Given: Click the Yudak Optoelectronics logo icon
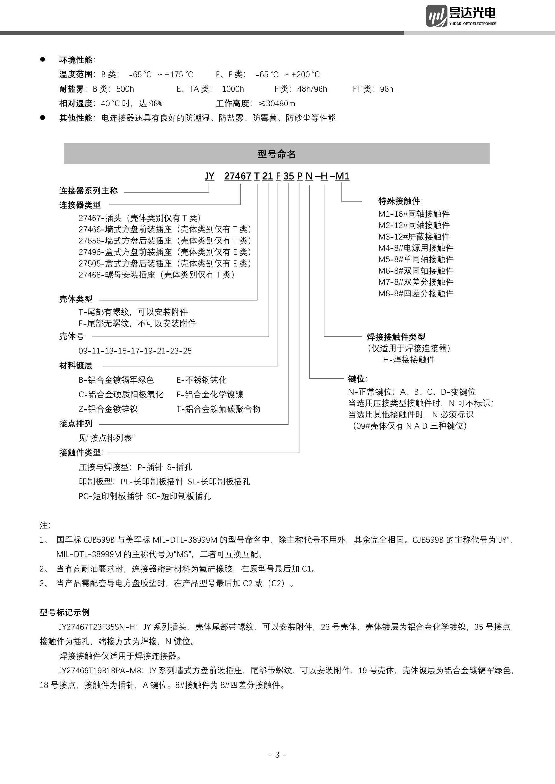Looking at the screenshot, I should pos(436,16).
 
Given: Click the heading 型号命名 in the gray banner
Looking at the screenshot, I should pos(276,154).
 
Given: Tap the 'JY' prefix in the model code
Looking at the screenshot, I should pos(210,176).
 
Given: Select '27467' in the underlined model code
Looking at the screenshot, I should pos(238,176).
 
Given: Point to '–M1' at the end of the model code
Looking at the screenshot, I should pos(340,176).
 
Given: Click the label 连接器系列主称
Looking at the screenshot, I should pos(88,191).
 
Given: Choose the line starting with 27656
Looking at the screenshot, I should pos(165,241).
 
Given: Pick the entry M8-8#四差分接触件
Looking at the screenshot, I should pos(416,293).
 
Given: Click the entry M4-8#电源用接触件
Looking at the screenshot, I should pos(416,248).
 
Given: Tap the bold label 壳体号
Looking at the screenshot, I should pos(71,336).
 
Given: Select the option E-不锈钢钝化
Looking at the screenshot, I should pos(201,380).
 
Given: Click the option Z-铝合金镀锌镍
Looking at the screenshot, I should pos(108,409).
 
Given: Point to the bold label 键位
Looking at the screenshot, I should pos(357,379).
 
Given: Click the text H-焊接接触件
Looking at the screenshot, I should pos(408,359).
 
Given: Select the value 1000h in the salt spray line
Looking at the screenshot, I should pos(233,89).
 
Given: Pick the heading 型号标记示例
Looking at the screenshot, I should pos(64,612).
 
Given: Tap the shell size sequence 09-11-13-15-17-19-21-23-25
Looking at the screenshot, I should pos(135,351).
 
